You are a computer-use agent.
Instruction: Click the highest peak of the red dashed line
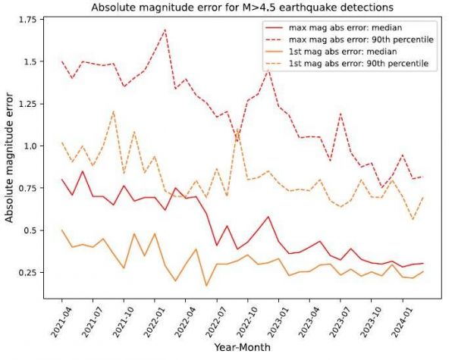pyautogui.click(x=165, y=30)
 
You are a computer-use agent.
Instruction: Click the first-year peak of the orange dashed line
pyautogui.click(x=113, y=111)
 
